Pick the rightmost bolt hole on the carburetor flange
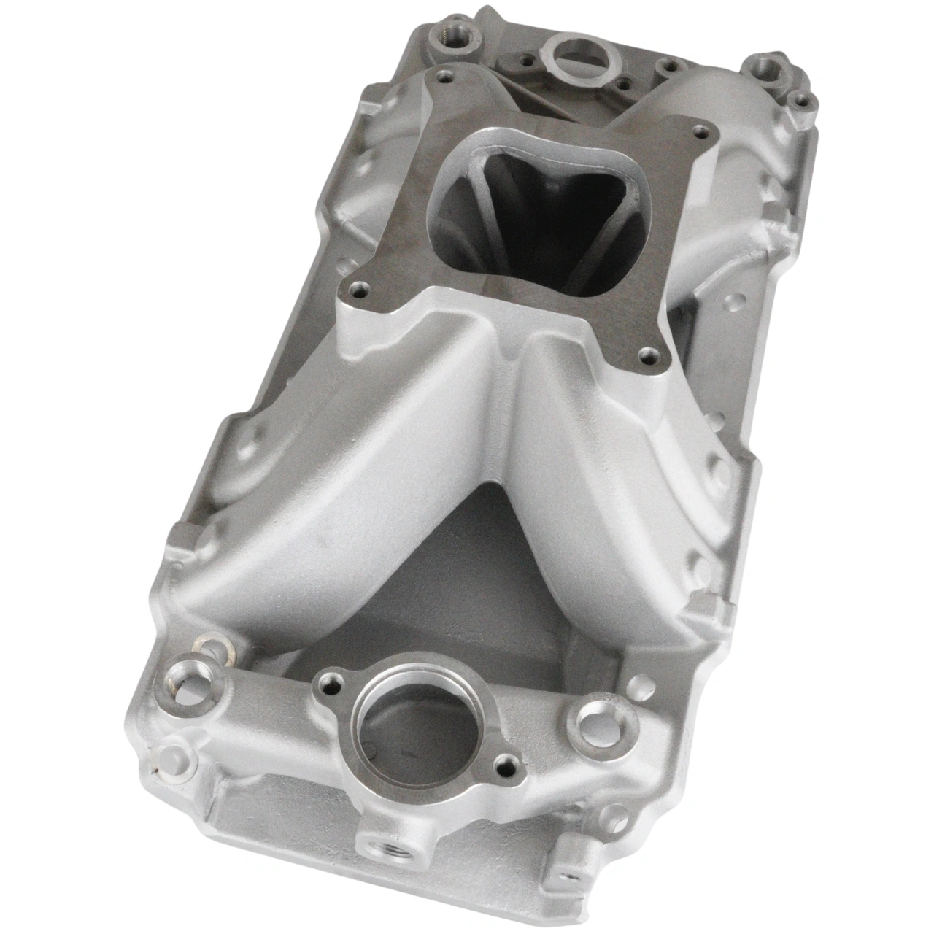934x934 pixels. click(x=702, y=132)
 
